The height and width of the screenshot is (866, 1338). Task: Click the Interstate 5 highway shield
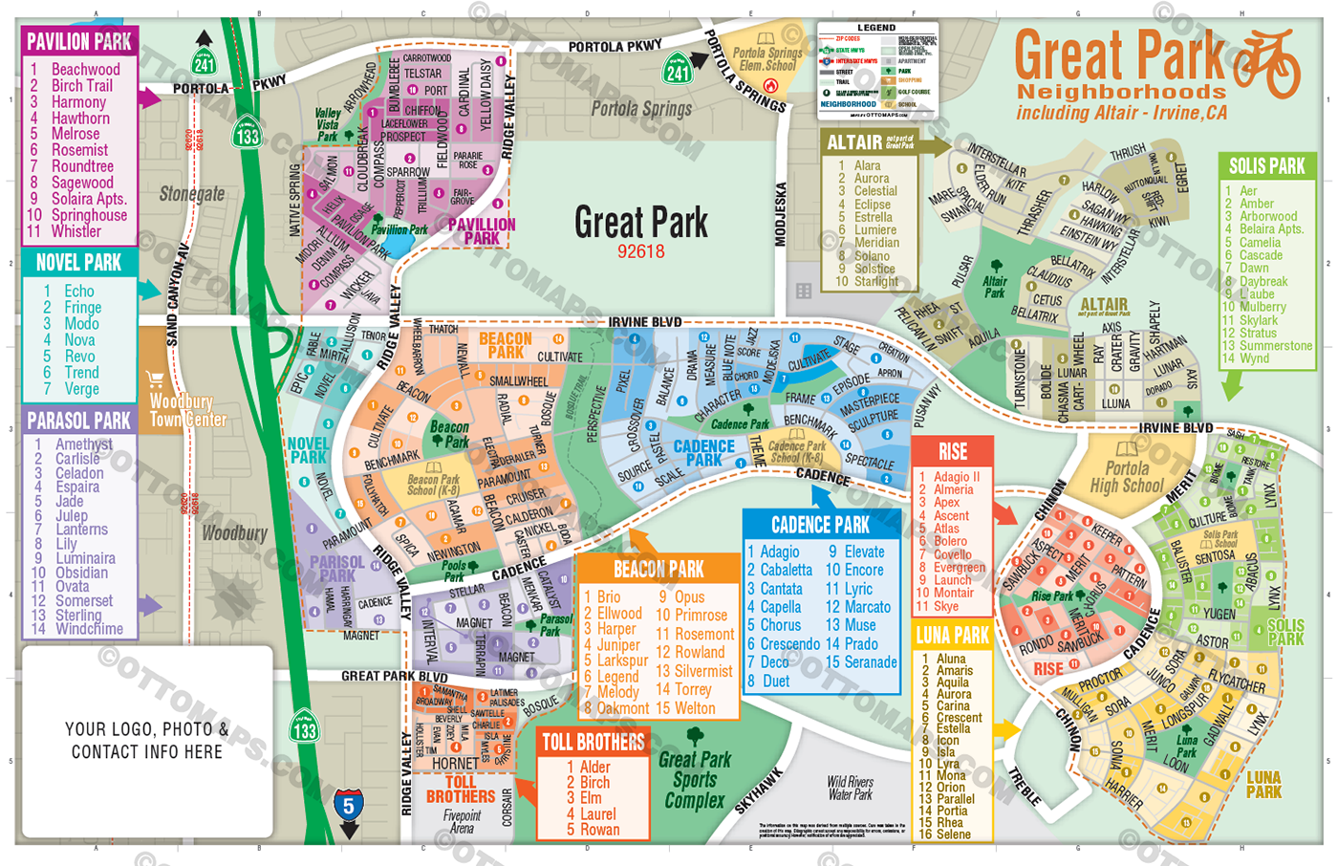[x=348, y=806]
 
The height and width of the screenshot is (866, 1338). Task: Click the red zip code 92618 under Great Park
[x=640, y=252]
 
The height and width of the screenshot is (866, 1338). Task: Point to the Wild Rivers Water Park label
[x=850, y=788]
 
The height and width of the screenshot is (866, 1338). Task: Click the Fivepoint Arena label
[x=462, y=821]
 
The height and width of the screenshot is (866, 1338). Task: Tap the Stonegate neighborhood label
[x=192, y=194]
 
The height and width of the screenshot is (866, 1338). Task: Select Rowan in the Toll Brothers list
[x=599, y=830]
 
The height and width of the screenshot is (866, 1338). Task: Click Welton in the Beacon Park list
[x=694, y=708]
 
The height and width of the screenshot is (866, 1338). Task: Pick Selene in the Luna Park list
[x=953, y=834]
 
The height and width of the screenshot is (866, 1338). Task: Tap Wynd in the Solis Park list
[x=1254, y=358]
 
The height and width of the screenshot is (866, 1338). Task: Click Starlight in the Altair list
[x=875, y=282]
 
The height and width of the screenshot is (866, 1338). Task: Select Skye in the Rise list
[x=946, y=606]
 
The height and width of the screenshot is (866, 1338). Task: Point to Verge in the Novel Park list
[x=81, y=389]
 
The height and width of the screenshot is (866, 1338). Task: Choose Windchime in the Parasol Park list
[x=89, y=629]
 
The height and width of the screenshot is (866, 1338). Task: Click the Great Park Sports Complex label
[x=695, y=779]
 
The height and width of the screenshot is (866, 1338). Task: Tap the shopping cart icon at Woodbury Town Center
[x=155, y=379]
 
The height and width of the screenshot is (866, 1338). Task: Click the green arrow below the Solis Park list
[x=1233, y=384]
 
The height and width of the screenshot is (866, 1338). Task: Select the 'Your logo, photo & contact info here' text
[x=147, y=741]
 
